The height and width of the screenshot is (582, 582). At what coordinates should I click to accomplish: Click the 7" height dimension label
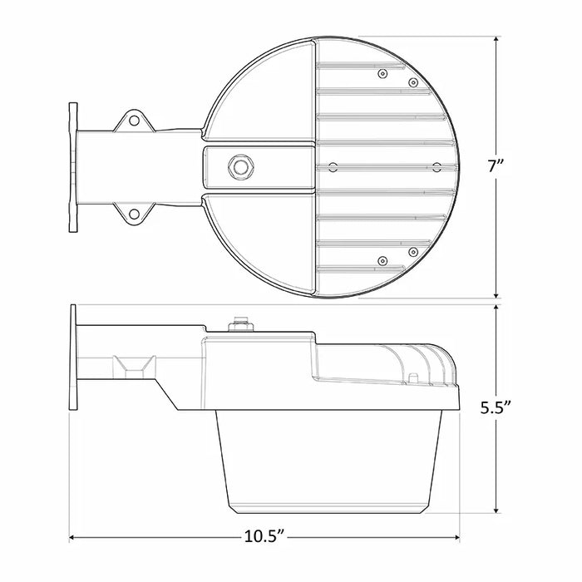[499, 165]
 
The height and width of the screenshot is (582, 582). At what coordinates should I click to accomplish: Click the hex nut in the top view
[241, 165]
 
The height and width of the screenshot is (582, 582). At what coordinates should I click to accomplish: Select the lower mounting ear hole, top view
[133, 214]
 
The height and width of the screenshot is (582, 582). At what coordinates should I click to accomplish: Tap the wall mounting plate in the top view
[72, 166]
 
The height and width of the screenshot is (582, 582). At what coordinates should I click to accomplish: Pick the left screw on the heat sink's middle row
[333, 167]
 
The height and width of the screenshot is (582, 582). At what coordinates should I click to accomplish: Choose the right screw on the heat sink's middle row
[436, 167]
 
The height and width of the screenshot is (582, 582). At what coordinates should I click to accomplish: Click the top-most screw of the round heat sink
[382, 74]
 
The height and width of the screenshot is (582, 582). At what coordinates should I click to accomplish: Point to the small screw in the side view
[412, 378]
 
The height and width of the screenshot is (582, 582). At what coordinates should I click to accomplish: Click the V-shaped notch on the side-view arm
[134, 366]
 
